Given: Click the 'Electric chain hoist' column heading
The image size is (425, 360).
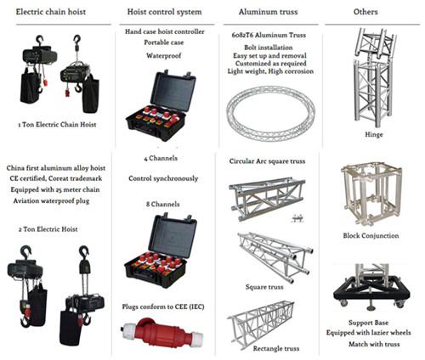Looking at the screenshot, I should coord(50,12).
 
